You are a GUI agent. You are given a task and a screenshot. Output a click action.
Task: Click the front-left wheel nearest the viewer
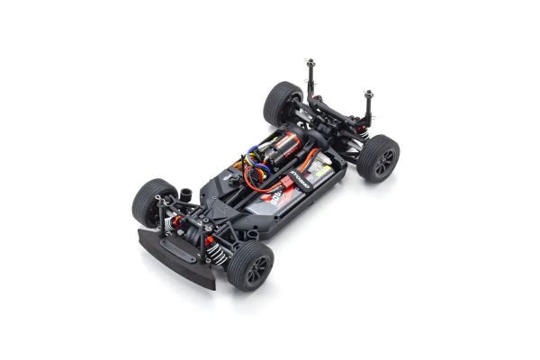pos(249,265)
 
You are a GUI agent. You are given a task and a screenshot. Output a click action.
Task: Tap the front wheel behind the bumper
pos(149,202)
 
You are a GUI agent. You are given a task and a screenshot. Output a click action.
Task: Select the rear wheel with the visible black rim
pos(378,157)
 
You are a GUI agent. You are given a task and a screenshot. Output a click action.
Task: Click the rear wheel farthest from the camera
pos(282,103)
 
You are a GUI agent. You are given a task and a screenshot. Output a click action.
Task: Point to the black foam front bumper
pos(175,257)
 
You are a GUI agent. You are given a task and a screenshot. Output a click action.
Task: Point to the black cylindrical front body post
pos(186,193)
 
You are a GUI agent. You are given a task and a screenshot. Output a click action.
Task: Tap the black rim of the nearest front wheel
pos(256,267)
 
